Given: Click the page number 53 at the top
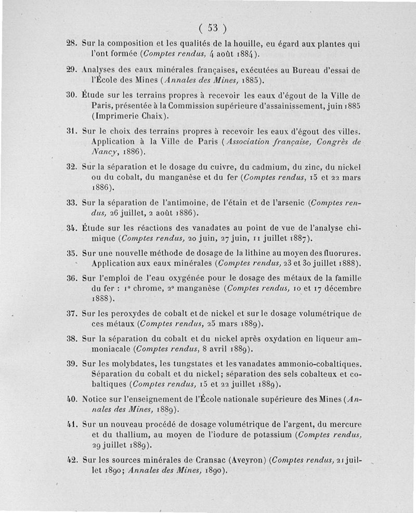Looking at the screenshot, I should pyautogui.click(x=212, y=28).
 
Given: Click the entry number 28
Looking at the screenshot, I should pyautogui.click(x=72, y=44).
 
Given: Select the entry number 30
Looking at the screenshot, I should pyautogui.click(x=72, y=96).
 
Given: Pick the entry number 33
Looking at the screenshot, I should pyautogui.click(x=72, y=202).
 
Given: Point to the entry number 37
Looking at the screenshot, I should pyautogui.click(x=72, y=314).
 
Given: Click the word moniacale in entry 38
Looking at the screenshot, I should pyautogui.click(x=105, y=349).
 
